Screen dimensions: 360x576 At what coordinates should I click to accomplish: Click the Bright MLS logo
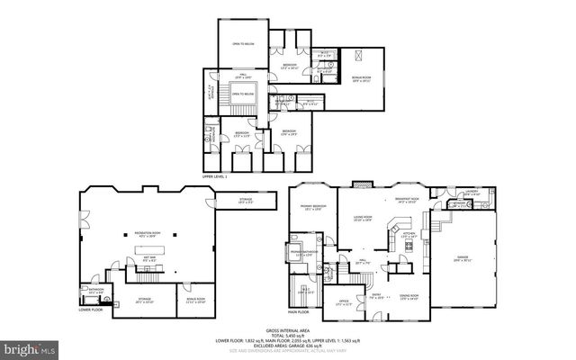point(26,346)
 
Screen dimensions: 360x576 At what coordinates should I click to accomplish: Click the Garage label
point(463,258)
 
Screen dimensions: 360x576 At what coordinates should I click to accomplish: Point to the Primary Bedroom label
point(312,208)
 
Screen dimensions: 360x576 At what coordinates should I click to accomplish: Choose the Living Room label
point(363,218)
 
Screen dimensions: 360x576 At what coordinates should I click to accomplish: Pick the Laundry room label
point(471,192)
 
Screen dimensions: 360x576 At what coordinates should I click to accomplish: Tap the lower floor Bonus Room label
point(195,301)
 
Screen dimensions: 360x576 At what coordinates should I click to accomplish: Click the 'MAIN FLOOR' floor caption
point(299,312)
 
